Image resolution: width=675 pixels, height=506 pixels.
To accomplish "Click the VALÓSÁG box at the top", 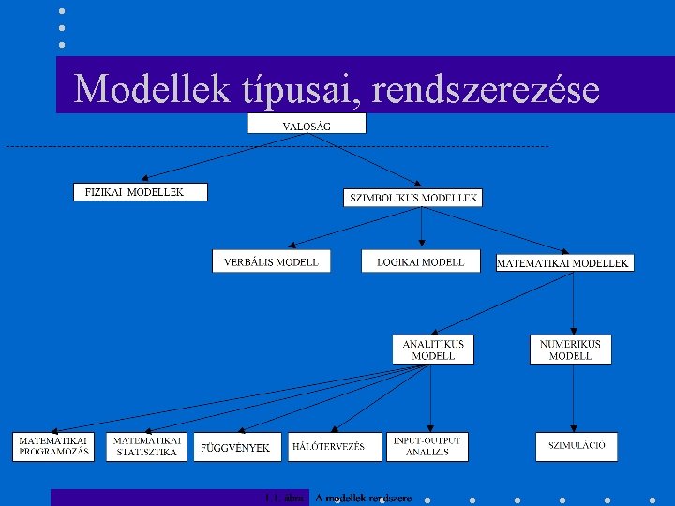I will (x=307, y=125).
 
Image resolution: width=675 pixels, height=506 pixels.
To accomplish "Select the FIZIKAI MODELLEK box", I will (x=141, y=192).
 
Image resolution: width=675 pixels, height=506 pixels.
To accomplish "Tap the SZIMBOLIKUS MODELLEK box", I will (x=413, y=198).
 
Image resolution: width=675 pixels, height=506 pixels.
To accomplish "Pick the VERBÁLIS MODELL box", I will (x=271, y=262).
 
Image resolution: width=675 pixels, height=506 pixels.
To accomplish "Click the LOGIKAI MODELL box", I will (x=420, y=262).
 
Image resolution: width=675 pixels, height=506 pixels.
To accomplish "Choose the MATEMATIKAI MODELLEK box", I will (x=563, y=263).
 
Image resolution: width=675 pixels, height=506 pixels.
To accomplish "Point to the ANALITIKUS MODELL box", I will (x=433, y=350).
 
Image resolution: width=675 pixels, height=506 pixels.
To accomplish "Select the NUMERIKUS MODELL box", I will (x=570, y=350).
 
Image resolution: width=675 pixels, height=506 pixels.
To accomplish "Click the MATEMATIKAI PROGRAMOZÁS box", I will (x=53, y=446).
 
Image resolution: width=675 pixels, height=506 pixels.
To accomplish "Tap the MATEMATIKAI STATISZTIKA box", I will (x=147, y=446).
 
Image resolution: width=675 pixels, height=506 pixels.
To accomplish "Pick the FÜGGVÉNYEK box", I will (x=235, y=447).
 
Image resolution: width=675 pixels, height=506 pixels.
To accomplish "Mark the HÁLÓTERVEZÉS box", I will (x=335, y=447).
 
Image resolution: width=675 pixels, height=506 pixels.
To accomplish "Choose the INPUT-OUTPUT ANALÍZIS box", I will (x=427, y=446).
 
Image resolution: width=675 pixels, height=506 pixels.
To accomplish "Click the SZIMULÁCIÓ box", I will (x=577, y=446).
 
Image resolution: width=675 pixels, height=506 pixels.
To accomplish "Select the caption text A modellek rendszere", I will (x=363, y=498).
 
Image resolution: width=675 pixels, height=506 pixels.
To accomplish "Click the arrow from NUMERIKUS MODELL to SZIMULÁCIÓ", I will (x=570, y=398).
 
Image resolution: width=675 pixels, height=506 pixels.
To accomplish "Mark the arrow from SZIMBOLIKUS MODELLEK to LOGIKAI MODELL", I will (x=421, y=229).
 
